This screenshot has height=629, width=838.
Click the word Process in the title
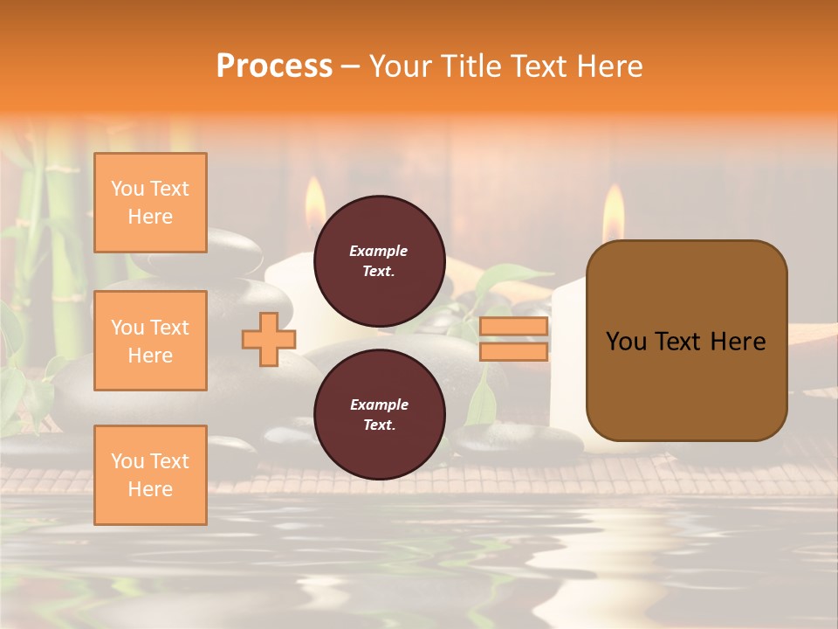pos(274,66)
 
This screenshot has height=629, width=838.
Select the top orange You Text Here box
pos(150,203)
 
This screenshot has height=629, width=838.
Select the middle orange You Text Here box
pos(150,341)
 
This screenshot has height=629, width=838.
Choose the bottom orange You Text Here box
pos(150,475)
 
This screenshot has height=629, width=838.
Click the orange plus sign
pos(269,339)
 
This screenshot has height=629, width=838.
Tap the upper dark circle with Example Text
pos(379,260)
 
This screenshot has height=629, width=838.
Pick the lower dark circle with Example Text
pos(379,414)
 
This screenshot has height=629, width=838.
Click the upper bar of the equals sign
pos(514,327)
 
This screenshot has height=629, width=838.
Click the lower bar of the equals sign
pos(514,352)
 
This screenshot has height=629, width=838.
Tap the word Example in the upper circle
pos(378,251)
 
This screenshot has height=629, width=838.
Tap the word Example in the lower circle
pos(378,404)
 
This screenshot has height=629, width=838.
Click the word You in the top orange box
pos(127,189)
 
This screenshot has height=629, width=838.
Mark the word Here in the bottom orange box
pos(150,489)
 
